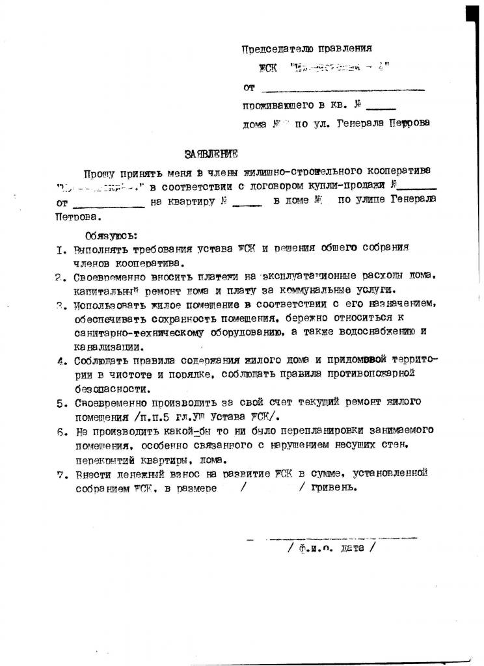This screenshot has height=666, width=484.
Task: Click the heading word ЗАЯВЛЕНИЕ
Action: (211, 154)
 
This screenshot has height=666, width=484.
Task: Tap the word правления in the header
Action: (347, 49)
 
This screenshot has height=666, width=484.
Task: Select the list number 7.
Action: (59, 474)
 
